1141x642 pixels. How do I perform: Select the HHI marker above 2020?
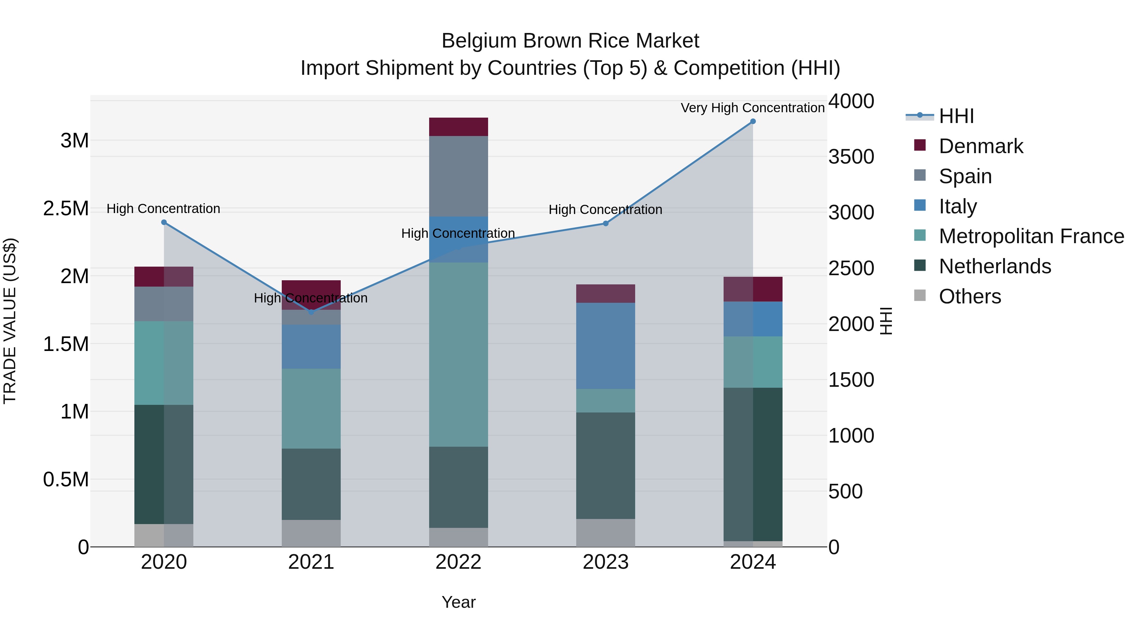(164, 223)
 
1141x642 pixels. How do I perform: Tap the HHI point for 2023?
(605, 224)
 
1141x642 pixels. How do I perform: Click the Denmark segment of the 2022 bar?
(458, 127)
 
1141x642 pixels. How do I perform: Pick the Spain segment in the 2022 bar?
(458, 176)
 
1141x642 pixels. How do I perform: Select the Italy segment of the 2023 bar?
(605, 346)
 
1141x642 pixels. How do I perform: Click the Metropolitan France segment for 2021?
(311, 409)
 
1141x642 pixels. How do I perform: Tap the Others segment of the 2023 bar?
(605, 533)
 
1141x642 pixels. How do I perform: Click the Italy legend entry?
(957, 206)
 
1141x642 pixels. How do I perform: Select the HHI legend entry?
(956, 116)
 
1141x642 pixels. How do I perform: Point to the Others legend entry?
(970, 296)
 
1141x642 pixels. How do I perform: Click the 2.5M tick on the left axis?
(66, 209)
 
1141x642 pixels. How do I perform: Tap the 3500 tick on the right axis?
(851, 157)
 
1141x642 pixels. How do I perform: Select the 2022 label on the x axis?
(458, 562)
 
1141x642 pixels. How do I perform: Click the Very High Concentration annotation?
(752, 108)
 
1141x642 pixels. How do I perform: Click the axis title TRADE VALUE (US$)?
(10, 321)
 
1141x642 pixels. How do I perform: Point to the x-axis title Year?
(458, 602)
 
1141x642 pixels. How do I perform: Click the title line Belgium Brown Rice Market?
(570, 41)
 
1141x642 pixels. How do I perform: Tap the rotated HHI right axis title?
(886, 321)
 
